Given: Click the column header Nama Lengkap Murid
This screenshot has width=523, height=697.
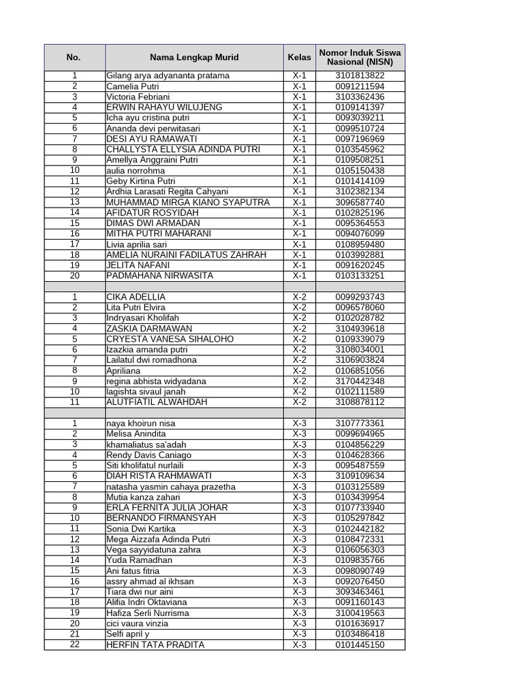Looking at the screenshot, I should (x=194, y=58).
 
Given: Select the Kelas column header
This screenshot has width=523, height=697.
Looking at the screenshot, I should (x=300, y=58).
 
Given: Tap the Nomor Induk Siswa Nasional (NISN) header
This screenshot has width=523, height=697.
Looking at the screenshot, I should (x=360, y=58).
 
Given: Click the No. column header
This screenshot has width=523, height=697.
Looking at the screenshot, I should (x=74, y=58).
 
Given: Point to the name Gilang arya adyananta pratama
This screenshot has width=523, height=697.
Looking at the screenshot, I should (x=168, y=76).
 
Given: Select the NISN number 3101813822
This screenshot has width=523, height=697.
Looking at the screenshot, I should (x=360, y=76).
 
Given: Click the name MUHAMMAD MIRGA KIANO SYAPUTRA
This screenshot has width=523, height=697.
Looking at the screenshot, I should (x=188, y=202).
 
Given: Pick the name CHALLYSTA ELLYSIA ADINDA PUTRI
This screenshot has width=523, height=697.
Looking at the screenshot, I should (x=183, y=149).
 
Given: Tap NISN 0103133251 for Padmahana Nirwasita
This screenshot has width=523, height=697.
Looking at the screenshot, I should (x=360, y=276).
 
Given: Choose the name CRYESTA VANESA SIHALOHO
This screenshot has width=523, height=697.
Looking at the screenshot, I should (x=170, y=339).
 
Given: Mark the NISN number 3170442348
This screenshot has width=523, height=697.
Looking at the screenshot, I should (x=360, y=381).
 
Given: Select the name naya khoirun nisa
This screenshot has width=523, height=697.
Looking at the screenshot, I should (x=140, y=423).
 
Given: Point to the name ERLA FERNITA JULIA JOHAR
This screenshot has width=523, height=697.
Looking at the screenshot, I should (x=167, y=507).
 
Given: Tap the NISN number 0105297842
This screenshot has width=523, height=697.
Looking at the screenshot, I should (x=360, y=518).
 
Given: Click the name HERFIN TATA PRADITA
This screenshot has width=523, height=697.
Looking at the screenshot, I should (x=155, y=645).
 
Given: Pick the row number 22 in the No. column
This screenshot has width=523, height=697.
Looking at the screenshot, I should (x=74, y=645).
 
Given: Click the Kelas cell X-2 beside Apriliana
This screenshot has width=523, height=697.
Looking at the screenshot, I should (x=300, y=371).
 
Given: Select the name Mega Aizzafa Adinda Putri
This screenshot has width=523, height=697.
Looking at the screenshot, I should (x=158, y=539).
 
